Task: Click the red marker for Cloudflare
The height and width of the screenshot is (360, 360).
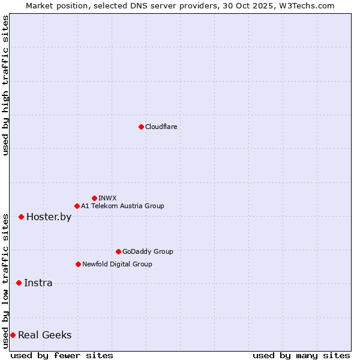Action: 141,127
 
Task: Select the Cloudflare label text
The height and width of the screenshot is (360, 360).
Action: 161,127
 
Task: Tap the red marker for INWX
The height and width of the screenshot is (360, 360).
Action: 94,198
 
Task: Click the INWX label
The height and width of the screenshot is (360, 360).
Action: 107,198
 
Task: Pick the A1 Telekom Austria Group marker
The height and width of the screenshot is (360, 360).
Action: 77,206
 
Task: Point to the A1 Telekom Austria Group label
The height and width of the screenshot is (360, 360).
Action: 122,206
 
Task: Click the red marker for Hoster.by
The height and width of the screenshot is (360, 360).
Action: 21,217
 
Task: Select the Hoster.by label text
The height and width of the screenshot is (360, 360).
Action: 49,217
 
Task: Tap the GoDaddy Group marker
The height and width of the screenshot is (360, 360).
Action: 118,251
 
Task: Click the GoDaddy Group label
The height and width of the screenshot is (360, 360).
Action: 148,252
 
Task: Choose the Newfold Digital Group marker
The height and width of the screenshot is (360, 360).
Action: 78,264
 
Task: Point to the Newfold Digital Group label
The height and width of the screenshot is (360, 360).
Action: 117,265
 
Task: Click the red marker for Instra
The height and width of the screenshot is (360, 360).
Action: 19,283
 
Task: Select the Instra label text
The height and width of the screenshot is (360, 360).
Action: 38,283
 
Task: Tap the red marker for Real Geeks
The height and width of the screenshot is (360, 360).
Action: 13,335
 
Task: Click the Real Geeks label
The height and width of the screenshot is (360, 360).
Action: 44,335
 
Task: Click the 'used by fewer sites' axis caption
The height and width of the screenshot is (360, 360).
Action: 62,356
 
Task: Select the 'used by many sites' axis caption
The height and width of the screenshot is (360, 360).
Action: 301,356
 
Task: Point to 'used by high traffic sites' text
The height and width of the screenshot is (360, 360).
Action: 5,86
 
